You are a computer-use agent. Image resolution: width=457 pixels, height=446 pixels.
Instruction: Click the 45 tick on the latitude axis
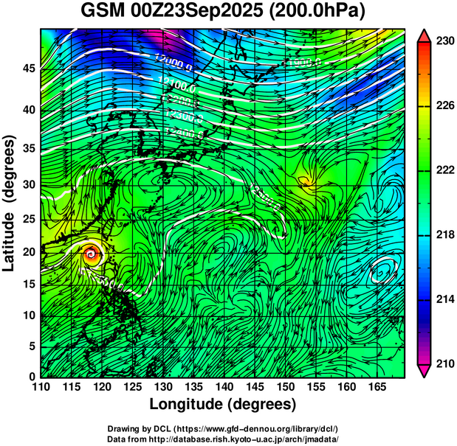27,69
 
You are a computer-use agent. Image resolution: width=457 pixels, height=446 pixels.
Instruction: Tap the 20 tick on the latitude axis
27,251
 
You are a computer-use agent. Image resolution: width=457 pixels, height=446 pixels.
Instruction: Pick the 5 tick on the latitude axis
30,346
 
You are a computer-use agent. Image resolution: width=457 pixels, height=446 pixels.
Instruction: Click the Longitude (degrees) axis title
223,404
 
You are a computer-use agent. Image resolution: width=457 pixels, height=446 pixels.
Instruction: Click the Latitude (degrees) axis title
10,203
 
